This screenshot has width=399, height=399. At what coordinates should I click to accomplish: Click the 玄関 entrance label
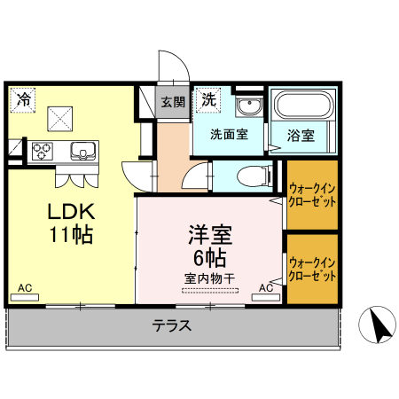point(173,102)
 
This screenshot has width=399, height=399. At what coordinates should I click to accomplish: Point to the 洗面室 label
point(228,137)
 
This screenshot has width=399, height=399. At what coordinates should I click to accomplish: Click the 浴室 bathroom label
point(301,137)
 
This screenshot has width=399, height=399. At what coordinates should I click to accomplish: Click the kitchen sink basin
point(82,151)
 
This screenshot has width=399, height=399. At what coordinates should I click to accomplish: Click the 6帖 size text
point(210,258)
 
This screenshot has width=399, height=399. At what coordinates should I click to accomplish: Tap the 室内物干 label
point(210,279)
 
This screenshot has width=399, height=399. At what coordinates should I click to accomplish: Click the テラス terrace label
point(173,325)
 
